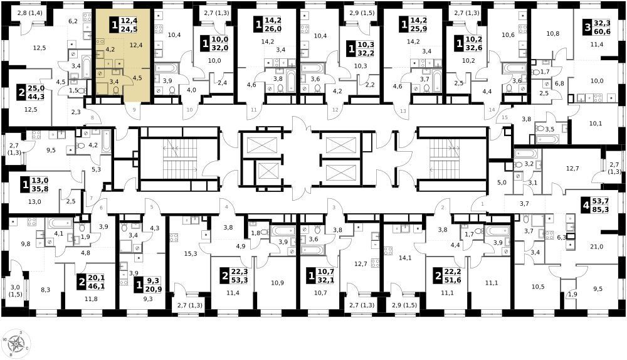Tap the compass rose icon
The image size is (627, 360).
[x=16, y=344]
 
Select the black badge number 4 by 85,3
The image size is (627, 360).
[x=586, y=206]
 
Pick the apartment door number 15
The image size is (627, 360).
[x=505, y=117]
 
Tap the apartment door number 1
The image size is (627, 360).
[x=482, y=204]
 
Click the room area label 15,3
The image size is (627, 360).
[x=190, y=253]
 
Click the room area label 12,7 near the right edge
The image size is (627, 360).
[x=572, y=169]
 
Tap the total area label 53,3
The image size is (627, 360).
[x=240, y=280]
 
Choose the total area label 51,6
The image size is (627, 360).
[x=453, y=280]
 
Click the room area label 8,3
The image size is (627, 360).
[x=46, y=290]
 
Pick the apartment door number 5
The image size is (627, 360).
[x=152, y=207]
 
